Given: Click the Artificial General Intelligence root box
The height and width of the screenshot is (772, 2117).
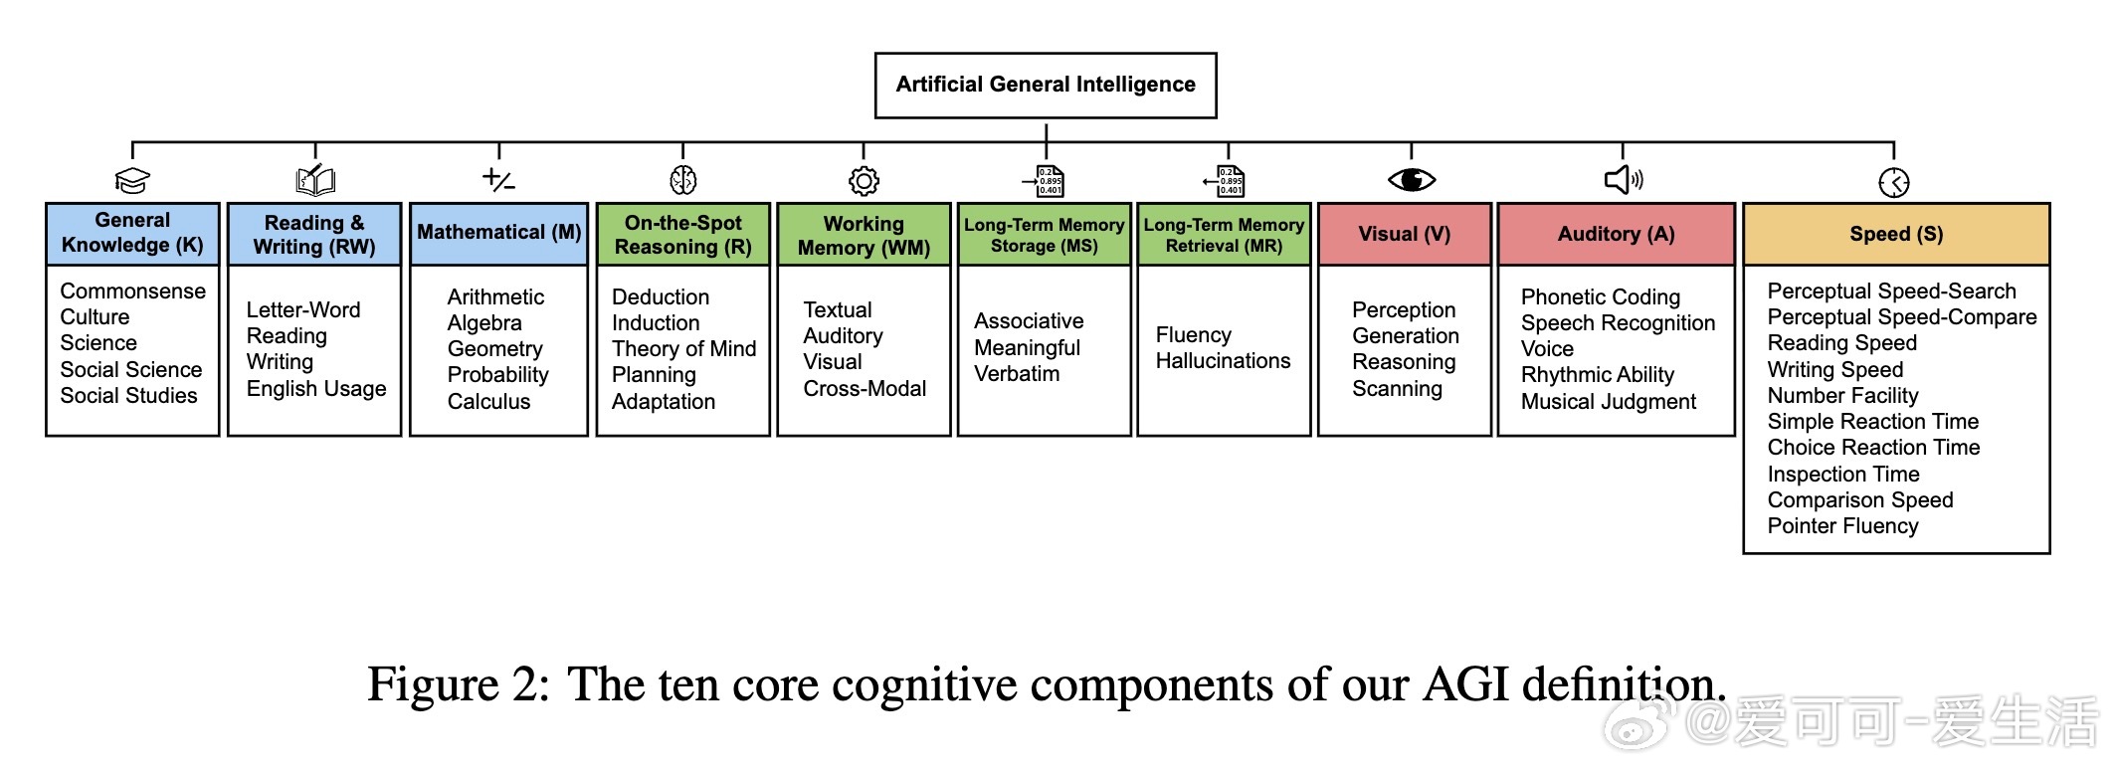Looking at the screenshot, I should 1046,86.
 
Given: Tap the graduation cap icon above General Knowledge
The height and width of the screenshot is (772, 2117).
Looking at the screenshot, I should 132,181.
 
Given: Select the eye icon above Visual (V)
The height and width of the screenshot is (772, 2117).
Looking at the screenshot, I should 1411,180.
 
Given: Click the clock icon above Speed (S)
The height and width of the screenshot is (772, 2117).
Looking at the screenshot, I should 1893,182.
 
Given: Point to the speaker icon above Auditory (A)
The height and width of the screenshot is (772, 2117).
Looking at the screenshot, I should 1624,180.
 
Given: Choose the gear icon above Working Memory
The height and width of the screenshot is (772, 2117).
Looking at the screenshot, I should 864,181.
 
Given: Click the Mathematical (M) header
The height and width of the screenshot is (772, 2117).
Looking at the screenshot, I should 498,233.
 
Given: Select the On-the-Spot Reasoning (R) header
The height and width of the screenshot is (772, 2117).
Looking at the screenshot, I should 682,235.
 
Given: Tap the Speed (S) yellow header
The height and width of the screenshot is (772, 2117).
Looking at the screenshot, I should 1896,235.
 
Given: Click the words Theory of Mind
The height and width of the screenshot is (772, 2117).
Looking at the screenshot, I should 683,349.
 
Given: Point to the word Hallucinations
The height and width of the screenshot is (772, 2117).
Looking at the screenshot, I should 1223,361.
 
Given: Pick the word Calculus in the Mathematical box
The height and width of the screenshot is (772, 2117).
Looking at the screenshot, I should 488,402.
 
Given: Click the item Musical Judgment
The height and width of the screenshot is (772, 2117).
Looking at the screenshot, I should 1608,402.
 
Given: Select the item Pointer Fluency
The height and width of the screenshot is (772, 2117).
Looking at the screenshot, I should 1842,526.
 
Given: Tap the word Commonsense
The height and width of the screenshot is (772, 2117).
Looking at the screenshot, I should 132,291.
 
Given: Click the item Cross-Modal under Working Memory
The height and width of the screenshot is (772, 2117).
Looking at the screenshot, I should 865,389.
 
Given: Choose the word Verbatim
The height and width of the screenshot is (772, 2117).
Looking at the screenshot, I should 1017,374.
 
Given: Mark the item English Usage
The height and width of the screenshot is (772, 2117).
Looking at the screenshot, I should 316,389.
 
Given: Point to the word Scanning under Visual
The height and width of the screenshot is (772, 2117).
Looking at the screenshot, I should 1397,389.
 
